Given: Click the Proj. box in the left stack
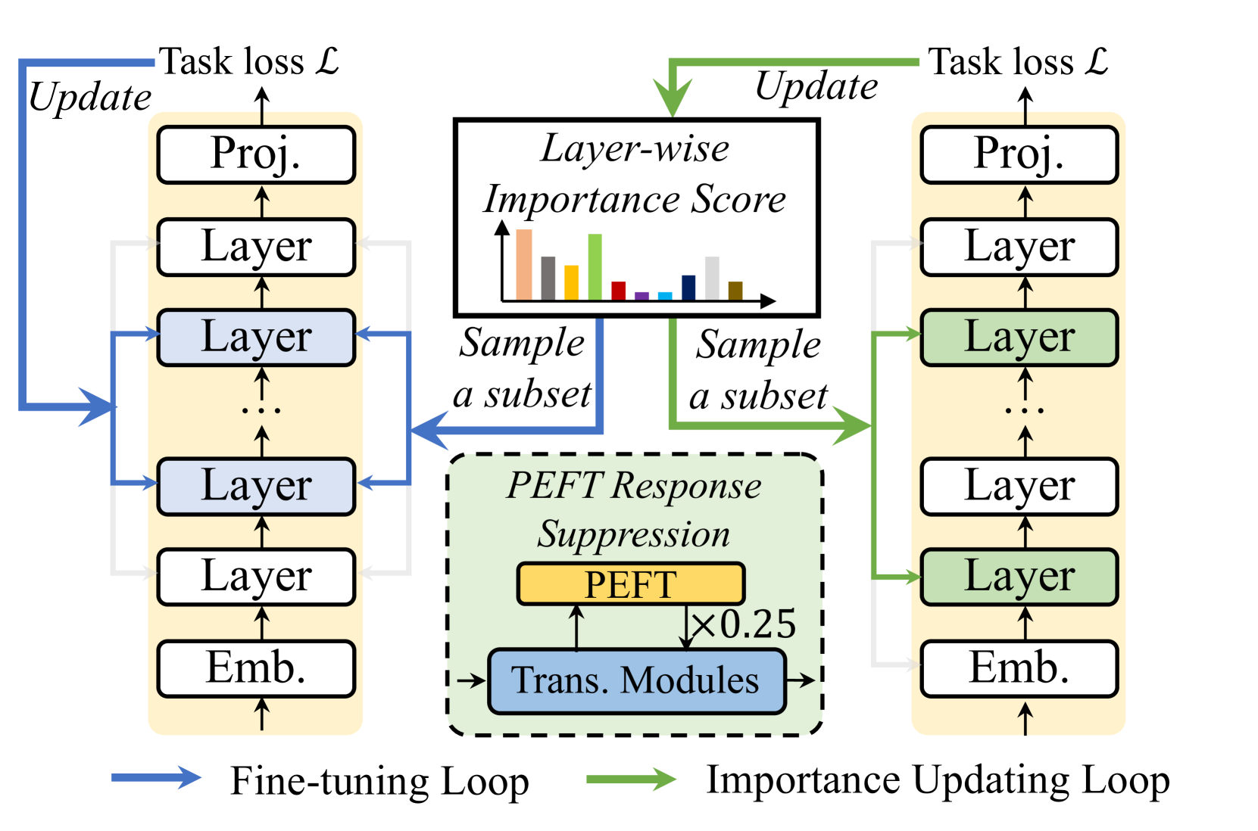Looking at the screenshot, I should pos(256,154).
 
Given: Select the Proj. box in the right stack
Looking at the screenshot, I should pos(1019,154).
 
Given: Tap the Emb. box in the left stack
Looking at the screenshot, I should pos(256,668).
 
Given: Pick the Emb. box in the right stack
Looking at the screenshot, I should pos(1019,668).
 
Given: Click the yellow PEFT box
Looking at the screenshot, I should pos(630,584).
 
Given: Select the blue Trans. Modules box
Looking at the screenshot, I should pos(636,680).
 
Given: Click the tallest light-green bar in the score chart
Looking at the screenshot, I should pos(595,266).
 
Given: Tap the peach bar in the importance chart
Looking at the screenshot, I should pos(524,264).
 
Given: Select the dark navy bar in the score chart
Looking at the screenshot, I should pos(688,288).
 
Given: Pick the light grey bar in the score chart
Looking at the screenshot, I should pos(712,278).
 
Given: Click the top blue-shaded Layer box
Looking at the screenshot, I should pos(256,338).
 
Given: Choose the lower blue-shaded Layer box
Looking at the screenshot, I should pos(256,486).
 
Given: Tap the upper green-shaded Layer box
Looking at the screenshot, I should pos(1019,338).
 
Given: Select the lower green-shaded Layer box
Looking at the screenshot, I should pos(1019,577).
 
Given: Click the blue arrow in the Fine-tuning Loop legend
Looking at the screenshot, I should pos(156,778).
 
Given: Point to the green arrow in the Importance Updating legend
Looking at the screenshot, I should pos(630,779).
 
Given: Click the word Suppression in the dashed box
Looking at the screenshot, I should pos(634,534).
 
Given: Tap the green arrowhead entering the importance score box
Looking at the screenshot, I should pos(672,98).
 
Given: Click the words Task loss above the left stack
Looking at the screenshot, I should pos(232,62).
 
